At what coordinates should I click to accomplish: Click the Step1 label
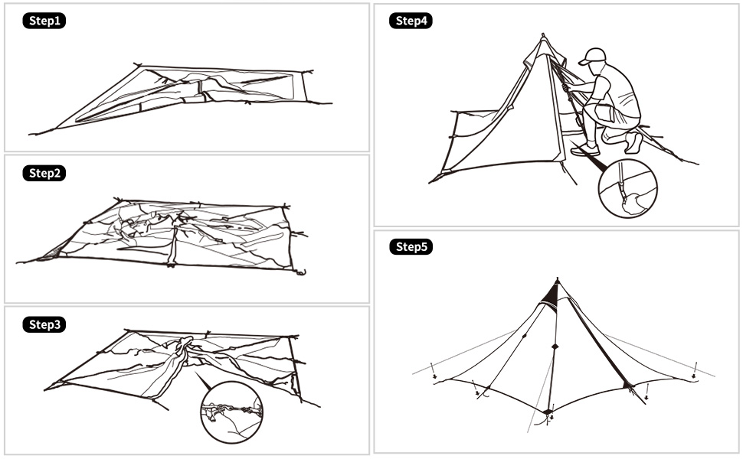pos(44,21)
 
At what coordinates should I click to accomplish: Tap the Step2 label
pos(44,173)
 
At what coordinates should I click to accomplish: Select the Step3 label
pos(44,324)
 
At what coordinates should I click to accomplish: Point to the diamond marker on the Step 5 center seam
pos(555,347)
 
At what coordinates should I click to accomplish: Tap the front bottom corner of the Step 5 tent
pos(548,413)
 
